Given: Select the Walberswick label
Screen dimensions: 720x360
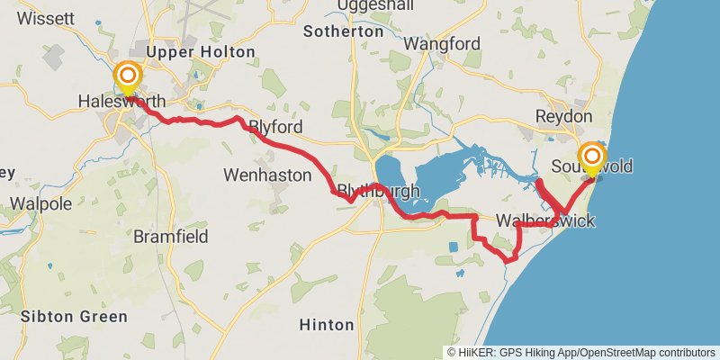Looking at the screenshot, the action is click(545, 221).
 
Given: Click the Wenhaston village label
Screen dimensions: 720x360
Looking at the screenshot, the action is click(267, 174).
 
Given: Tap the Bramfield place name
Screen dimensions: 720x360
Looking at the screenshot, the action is click(171, 237).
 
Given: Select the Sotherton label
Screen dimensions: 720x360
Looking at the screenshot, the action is click(343, 31).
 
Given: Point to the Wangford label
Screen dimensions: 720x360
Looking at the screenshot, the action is click(442, 43).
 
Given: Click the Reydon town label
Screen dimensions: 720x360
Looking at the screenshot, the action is click(563, 117).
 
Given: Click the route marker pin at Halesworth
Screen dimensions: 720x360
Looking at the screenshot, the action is click(129, 76).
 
